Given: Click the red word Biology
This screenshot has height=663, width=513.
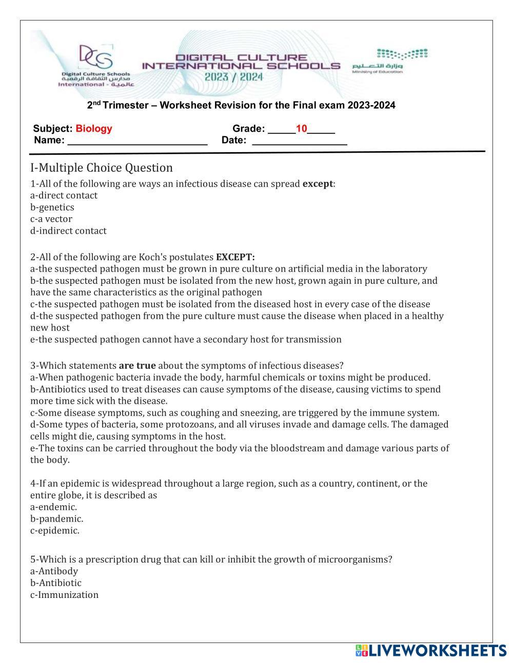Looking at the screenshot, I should pyautogui.click(x=93, y=129).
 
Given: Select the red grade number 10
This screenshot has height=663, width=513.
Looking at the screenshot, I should pyautogui.click(x=301, y=129).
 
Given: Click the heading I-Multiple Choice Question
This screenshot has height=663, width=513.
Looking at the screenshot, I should pyautogui.click(x=102, y=168).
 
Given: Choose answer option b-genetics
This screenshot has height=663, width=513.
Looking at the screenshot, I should pyautogui.click(x=52, y=207).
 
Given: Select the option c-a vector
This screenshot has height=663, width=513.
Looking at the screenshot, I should pyautogui.click(x=51, y=219).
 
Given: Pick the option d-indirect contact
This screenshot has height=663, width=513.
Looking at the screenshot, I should pyautogui.click(x=68, y=231).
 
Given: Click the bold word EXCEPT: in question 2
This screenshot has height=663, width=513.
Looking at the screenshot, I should pyautogui.click(x=235, y=257).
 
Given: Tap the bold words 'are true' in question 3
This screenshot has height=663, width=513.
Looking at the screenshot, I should pyautogui.click(x=137, y=365).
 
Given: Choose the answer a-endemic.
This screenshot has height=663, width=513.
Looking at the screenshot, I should pyautogui.click(x=53, y=507).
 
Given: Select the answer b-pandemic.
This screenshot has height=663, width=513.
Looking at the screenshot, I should pyautogui.click(x=56, y=519).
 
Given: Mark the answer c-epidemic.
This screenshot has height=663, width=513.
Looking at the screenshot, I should pyautogui.click(x=55, y=530).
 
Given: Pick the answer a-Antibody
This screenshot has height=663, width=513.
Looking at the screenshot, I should pyautogui.click(x=54, y=571).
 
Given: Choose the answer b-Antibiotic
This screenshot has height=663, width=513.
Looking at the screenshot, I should pyautogui.click(x=56, y=583).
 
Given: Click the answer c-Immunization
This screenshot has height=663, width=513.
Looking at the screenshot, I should pyautogui.click(x=64, y=594).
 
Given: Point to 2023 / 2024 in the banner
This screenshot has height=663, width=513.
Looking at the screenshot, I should pyautogui.click(x=233, y=77).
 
